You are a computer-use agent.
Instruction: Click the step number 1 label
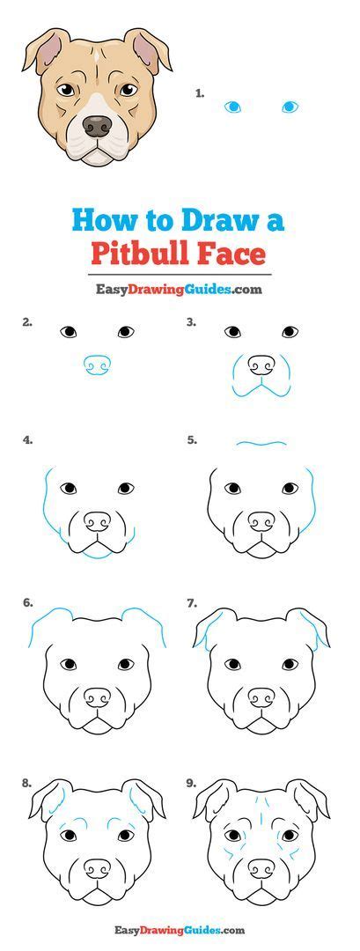point(200,92)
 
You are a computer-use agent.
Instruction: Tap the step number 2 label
point(27,321)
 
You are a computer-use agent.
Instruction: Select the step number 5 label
point(191,439)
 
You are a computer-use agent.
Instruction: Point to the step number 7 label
point(191,603)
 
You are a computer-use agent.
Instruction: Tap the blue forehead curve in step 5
point(261,444)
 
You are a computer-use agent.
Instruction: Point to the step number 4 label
point(27,439)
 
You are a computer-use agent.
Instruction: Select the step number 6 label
point(27,603)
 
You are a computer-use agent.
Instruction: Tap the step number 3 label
point(191,321)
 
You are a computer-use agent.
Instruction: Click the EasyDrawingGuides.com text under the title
point(179,288)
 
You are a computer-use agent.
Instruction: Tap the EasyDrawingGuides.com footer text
point(179,929)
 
